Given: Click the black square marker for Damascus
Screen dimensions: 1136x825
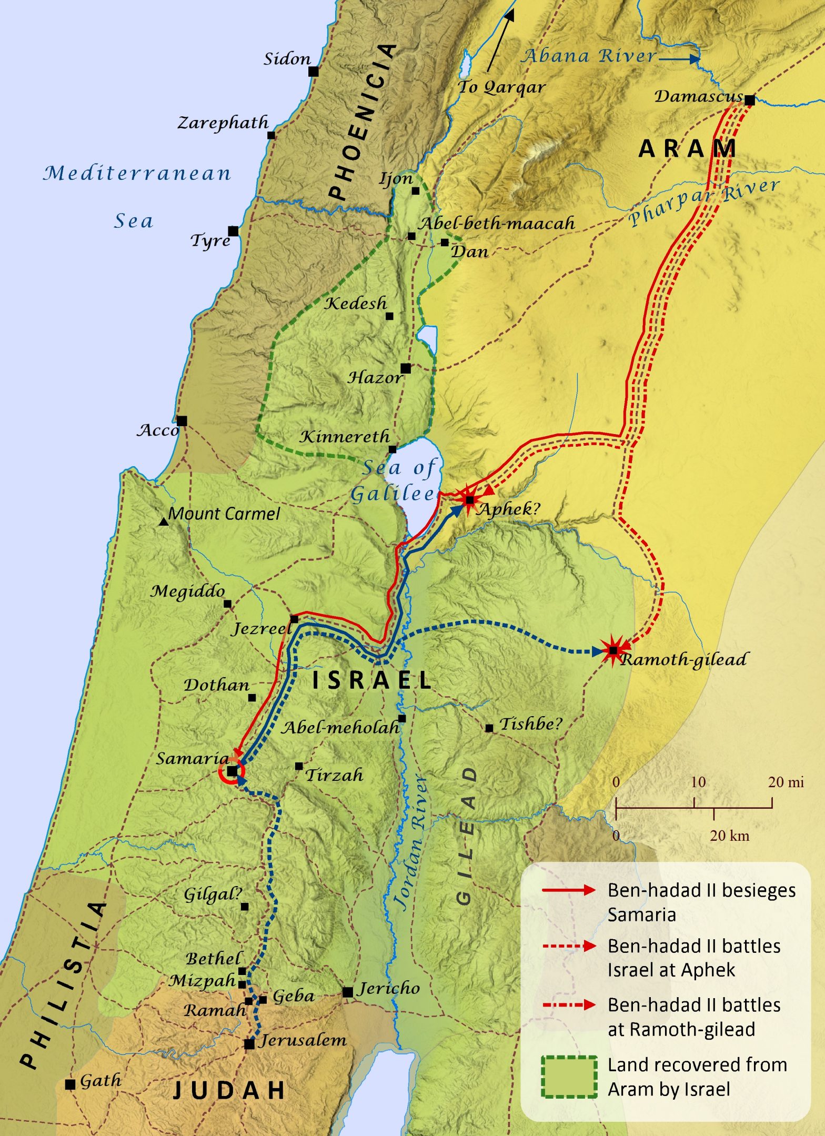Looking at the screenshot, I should pos(750,100).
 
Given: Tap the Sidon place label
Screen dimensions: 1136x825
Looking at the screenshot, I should pos(287,58).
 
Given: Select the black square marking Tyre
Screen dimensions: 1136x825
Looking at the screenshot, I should pos(233,231).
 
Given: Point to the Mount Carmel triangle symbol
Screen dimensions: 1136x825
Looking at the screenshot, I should pos(164,522).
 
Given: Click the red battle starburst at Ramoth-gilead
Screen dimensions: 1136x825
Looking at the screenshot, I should pos(613,651).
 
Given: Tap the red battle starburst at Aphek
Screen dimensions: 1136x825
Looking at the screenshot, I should pos(469,499).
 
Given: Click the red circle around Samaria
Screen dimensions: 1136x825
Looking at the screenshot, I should pos(232,771).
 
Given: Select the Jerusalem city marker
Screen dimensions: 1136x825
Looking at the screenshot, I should pos(249,1043).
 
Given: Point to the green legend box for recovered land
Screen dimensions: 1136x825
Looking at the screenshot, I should pos(569,1077).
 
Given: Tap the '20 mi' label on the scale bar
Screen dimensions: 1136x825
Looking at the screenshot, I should pos(786,782).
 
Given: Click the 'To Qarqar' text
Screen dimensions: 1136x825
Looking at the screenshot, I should pos(501,87).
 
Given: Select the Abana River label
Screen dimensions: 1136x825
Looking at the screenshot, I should pos(589,56).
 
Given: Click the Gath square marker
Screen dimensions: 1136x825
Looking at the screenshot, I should pos(70,1084).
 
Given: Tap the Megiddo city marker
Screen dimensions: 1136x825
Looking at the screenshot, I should pos(228,604).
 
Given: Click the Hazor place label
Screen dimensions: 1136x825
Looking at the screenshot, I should pos(375,377).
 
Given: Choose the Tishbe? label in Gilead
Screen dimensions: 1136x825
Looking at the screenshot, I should pos(530,724).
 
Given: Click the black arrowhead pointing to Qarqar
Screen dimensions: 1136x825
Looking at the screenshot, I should pos(510,14).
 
